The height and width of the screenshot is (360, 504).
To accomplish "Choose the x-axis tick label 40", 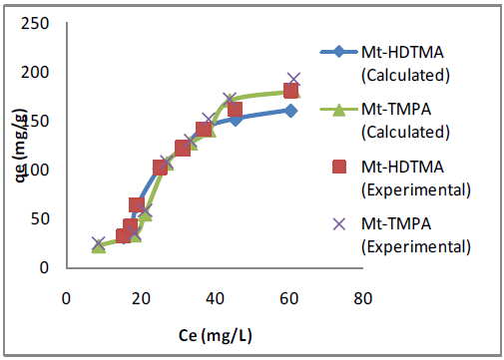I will (x=215, y=296).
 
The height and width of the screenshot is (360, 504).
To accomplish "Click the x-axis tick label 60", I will (x=289, y=296).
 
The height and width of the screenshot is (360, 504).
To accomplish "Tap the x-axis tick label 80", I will (x=363, y=296).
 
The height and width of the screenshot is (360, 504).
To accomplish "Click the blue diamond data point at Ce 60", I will (x=290, y=111).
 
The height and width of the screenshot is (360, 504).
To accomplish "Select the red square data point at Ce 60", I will (x=290, y=91).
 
